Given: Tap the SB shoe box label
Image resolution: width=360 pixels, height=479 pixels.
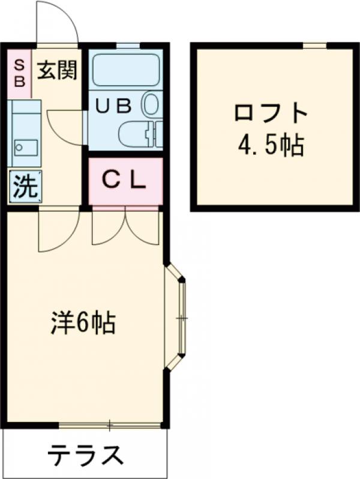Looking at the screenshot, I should (x=20, y=72).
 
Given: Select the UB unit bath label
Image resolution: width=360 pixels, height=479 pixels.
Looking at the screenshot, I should (x=114, y=106).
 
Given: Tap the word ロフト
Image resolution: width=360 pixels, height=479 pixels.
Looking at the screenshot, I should (x=271, y=113).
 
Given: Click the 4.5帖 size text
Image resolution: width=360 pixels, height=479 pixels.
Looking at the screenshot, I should (x=271, y=145).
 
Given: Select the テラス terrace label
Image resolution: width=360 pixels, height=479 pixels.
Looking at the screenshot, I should (x=86, y=457).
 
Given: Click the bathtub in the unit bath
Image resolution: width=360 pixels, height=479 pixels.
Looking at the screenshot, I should (x=125, y=71).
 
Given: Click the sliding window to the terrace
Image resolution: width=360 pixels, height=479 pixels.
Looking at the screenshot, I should (x=110, y=426).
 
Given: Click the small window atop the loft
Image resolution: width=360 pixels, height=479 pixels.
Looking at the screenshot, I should (x=314, y=45).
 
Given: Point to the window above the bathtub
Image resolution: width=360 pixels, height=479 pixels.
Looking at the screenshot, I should (x=126, y=45).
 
